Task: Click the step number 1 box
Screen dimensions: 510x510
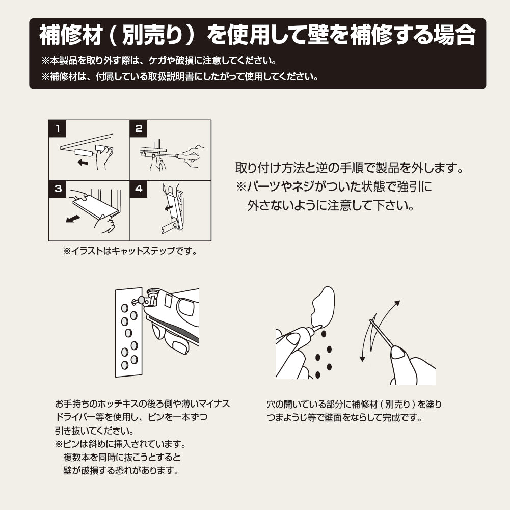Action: click(x=58, y=128)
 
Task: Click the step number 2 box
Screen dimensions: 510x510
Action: click(x=139, y=128)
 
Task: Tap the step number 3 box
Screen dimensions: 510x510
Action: click(x=58, y=189)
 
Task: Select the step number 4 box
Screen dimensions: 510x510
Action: click(x=139, y=189)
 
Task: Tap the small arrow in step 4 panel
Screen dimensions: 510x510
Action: click(x=168, y=208)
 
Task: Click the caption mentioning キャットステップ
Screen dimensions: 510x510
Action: click(x=130, y=251)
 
